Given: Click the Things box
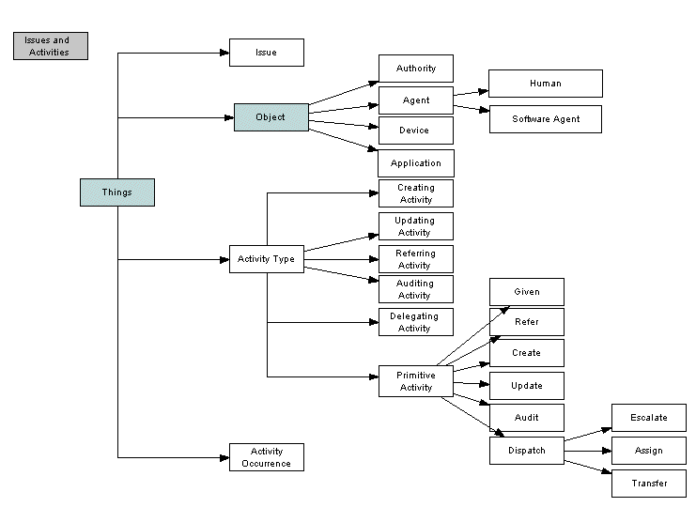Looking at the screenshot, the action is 117,192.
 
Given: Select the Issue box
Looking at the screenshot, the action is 267,53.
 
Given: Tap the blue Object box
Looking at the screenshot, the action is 271,117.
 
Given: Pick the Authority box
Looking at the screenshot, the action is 416,69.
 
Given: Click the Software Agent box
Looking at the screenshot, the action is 546,119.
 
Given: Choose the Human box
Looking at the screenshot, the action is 546,84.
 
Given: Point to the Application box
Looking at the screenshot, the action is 416,163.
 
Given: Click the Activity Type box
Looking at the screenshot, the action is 267,259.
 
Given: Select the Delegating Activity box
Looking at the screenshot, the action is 416,322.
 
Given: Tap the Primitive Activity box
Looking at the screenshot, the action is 416,381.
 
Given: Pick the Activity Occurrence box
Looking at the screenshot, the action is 267,457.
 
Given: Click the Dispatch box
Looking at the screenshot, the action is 527,451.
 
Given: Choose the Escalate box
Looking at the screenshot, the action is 649,418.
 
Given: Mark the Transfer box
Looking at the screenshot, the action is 649,484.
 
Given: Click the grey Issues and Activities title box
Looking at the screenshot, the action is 51,46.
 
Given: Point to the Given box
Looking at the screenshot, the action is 527,292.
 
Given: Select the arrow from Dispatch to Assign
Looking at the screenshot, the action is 588,451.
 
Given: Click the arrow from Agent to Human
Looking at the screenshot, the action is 471,93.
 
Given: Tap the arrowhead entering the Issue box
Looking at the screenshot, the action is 224,54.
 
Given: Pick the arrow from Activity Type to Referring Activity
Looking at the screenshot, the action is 341,259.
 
